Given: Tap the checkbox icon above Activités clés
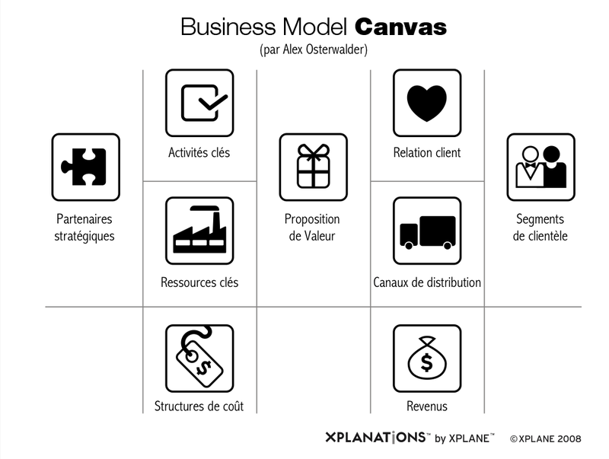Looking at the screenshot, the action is (204, 103).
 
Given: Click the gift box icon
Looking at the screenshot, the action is (313, 166).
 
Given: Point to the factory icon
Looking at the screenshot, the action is (199, 230).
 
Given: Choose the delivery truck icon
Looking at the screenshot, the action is (427, 232).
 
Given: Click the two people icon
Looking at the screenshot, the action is (540, 167).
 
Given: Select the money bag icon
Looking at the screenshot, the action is (427, 358).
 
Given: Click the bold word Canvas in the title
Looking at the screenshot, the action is (400, 27).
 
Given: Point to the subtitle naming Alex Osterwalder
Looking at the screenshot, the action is (314, 49).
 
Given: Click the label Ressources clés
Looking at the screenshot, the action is (199, 282).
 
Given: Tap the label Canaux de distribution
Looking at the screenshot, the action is (427, 282).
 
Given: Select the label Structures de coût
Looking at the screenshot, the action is (199, 406).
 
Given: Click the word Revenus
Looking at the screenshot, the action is (427, 406).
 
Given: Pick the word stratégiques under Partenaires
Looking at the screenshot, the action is (84, 236).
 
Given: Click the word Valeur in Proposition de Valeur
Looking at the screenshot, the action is (320, 236).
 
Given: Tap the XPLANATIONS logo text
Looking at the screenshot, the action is (375, 437).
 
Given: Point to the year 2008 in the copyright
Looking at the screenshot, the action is (569, 438).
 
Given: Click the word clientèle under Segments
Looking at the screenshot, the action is (548, 236).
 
